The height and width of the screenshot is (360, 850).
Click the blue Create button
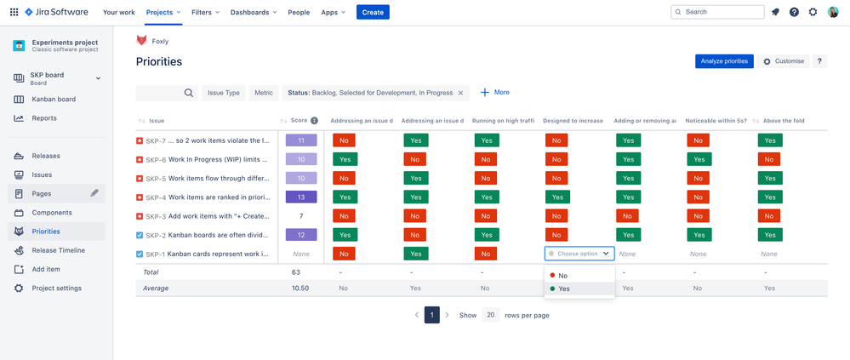tap(373, 12)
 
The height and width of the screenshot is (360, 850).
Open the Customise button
tap(784, 61)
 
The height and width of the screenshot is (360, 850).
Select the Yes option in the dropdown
tap(563, 289)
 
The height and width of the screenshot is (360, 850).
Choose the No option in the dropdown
tap(562, 276)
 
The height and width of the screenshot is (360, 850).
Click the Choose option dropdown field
tap(579, 254)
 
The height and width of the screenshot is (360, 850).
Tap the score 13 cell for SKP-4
tap(301, 197)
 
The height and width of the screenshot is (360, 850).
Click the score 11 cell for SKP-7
tap(301, 140)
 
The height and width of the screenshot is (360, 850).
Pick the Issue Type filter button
tap(224, 93)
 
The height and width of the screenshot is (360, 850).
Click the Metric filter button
tap(264, 93)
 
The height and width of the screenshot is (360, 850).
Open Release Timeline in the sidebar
tap(58, 250)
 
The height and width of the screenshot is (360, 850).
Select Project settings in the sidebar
tap(56, 288)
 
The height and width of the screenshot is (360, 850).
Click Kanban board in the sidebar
tap(54, 99)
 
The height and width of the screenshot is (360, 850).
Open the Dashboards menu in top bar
tap(253, 12)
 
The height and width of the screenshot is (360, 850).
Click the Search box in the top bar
tap(728, 12)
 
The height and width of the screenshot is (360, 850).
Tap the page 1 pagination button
tap(432, 315)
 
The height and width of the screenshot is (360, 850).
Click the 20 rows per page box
tap(491, 315)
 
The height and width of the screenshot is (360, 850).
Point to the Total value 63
tap(295, 272)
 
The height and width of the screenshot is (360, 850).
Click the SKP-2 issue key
tap(156, 235)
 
